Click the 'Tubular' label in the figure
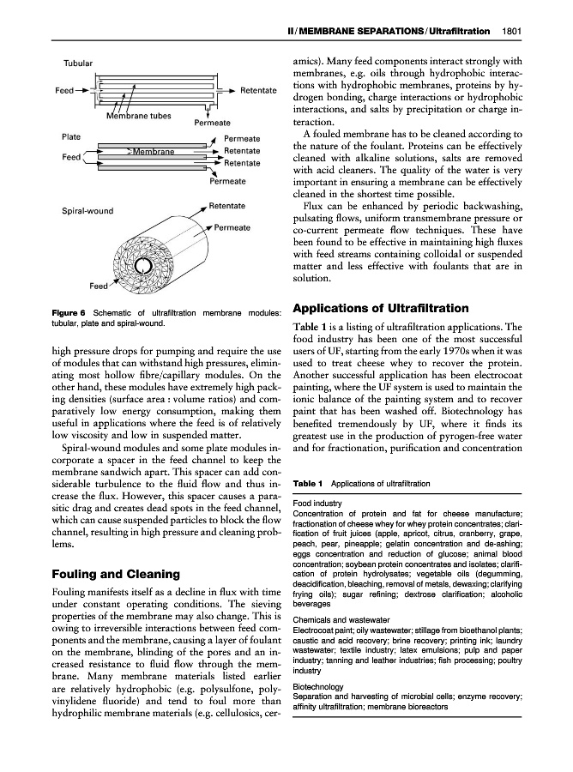coord(78,63)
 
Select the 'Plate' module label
coord(72,137)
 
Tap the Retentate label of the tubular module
coord(258,89)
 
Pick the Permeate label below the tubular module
coord(213,124)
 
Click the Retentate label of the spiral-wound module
coord(227,206)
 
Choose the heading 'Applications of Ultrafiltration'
coord(381,308)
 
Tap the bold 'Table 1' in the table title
coord(307,484)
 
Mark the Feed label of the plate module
coord(71,158)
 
